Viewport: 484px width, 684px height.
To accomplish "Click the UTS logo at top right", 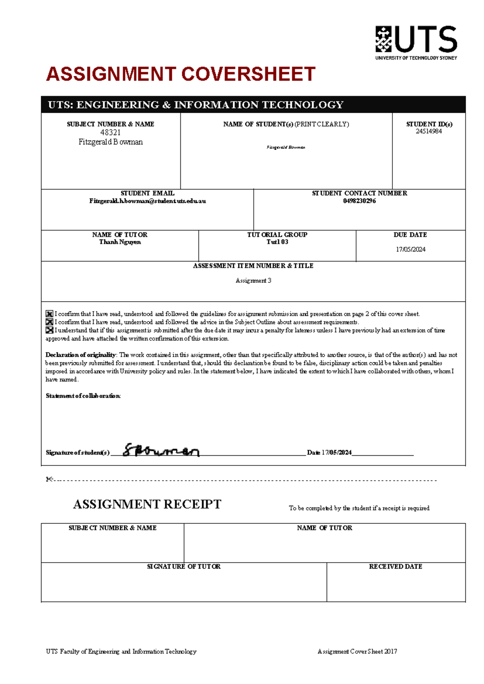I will click(416, 42).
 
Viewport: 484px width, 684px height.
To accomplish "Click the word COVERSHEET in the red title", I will click(248, 75).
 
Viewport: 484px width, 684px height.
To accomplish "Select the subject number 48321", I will click(110, 133).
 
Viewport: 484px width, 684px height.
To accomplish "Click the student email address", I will click(148, 201).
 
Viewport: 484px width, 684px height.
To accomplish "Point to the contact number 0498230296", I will click(359, 201).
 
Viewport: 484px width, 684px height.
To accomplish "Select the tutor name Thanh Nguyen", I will click(120, 242).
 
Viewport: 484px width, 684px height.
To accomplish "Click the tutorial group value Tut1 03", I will click(277, 242).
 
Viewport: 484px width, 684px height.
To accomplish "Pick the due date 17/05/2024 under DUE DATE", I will click(410, 250).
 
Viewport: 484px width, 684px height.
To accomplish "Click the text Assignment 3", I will click(253, 281).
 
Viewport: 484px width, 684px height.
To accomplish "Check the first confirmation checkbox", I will click(49, 314).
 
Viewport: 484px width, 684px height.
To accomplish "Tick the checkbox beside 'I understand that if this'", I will click(49, 330).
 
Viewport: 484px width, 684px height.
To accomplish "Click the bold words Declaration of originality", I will click(81, 355).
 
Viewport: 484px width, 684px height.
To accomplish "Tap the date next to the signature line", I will click(336, 453).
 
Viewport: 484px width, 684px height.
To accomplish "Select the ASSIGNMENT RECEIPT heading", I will click(147, 504).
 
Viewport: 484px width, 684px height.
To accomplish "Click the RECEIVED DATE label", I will click(395, 567).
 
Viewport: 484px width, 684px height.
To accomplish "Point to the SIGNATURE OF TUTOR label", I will click(184, 567).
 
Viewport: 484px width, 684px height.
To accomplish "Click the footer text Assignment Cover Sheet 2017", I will click(357, 651).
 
